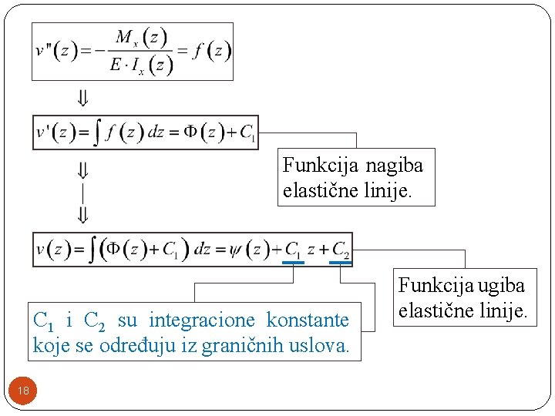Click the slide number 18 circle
pos(23,391)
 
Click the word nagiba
pos(394,165)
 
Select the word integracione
pos(205,320)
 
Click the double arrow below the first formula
pos(82,99)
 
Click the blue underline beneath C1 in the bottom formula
pos(293,263)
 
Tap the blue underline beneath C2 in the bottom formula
pos(340,263)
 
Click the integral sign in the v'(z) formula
pos(99,133)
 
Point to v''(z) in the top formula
pos(55,51)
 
